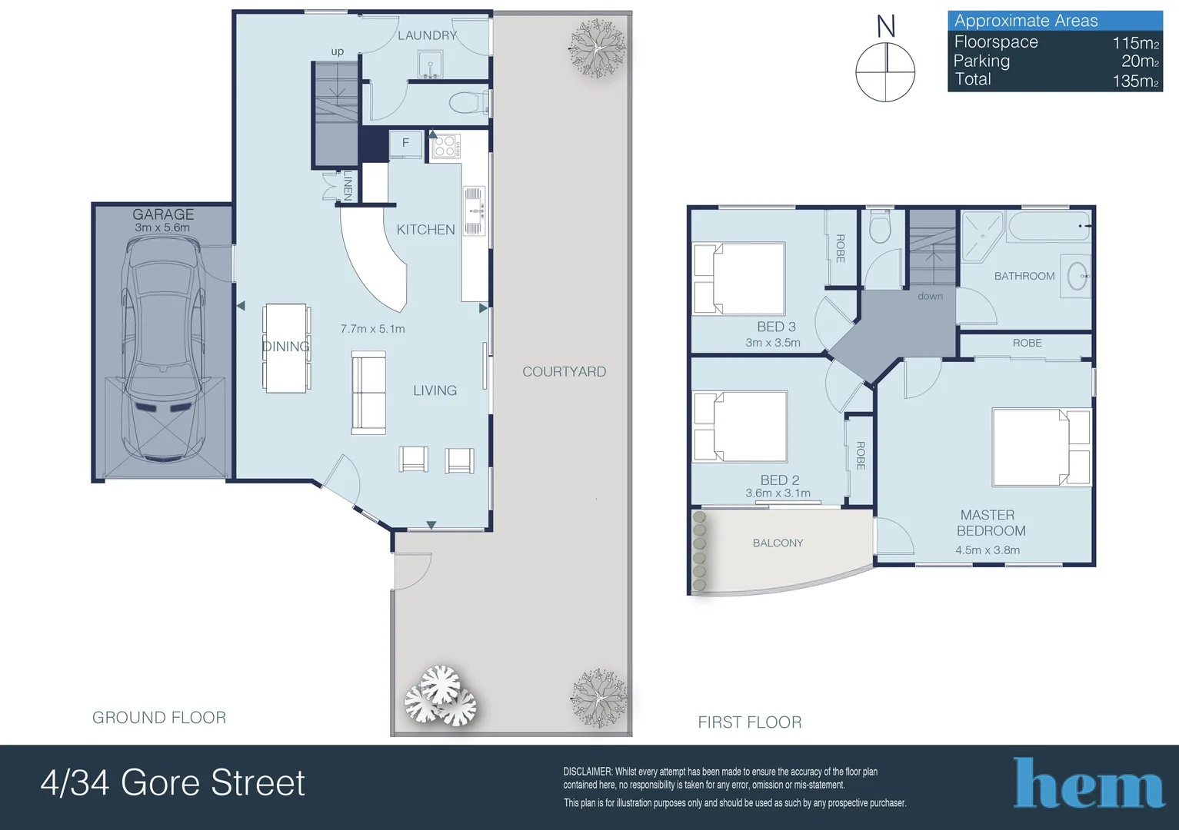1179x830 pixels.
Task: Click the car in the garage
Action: click(163, 350)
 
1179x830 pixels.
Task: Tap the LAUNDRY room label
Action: click(427, 35)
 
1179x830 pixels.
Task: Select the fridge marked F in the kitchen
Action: click(405, 144)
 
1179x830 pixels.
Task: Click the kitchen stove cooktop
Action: click(445, 146)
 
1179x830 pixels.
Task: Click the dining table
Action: click(286, 348)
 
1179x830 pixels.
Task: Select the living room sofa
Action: click(368, 393)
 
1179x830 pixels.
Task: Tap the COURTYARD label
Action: click(564, 372)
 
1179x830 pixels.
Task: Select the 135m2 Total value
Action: click(1135, 81)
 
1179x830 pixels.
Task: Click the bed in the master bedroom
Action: click(1041, 447)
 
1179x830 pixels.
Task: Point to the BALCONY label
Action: click(778, 543)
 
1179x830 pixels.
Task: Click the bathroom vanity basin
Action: click(1077, 276)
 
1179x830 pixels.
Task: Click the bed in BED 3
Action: click(739, 279)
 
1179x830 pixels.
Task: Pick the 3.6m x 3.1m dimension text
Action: click(778, 493)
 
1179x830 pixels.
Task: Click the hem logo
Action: click(1088, 784)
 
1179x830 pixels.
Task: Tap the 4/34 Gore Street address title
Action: click(173, 783)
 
